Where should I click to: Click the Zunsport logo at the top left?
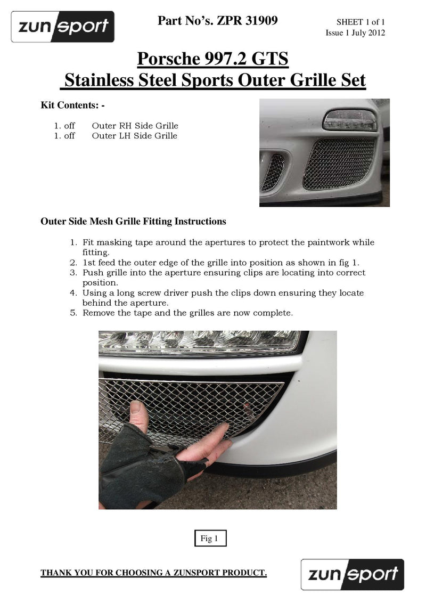point(63,27)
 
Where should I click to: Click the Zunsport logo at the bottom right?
point(353,574)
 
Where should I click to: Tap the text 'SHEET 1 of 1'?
point(361,22)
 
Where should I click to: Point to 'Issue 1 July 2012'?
point(355,33)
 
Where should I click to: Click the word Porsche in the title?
point(168,59)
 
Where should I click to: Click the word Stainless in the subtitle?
point(100,81)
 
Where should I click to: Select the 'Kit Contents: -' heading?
point(73,105)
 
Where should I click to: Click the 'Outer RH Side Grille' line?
point(135,126)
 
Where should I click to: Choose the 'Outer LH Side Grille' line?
point(134,136)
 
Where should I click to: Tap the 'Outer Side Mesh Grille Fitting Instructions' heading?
point(133,221)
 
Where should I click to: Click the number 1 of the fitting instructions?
point(73,242)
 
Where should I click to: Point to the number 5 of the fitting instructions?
point(73,313)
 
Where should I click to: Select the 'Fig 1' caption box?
point(209,539)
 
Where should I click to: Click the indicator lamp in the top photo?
point(349,119)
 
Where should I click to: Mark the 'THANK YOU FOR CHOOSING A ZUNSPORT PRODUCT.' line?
point(153,573)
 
